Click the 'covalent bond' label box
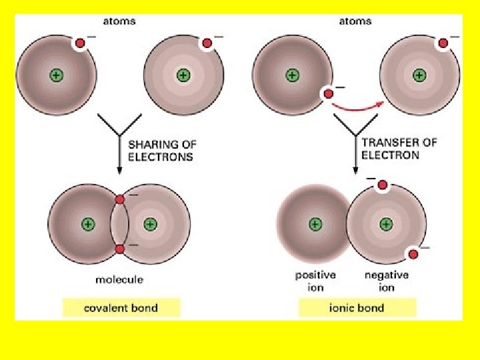[x=121, y=308]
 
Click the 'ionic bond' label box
[x=357, y=308]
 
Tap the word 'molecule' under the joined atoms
[x=119, y=279]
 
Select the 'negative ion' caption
[x=387, y=281]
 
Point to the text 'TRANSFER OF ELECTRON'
[x=399, y=149]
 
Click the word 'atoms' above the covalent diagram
[x=119, y=21]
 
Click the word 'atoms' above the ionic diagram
[x=355, y=21]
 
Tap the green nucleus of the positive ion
[x=314, y=223]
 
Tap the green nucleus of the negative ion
[x=385, y=223]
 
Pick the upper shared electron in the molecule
[x=119, y=199]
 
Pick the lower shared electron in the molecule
[x=119, y=249]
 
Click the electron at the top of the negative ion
[x=383, y=185]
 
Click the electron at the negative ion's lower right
[x=413, y=254]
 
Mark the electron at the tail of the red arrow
[x=327, y=93]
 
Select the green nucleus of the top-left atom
[x=56, y=76]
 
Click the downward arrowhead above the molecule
[x=119, y=170]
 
